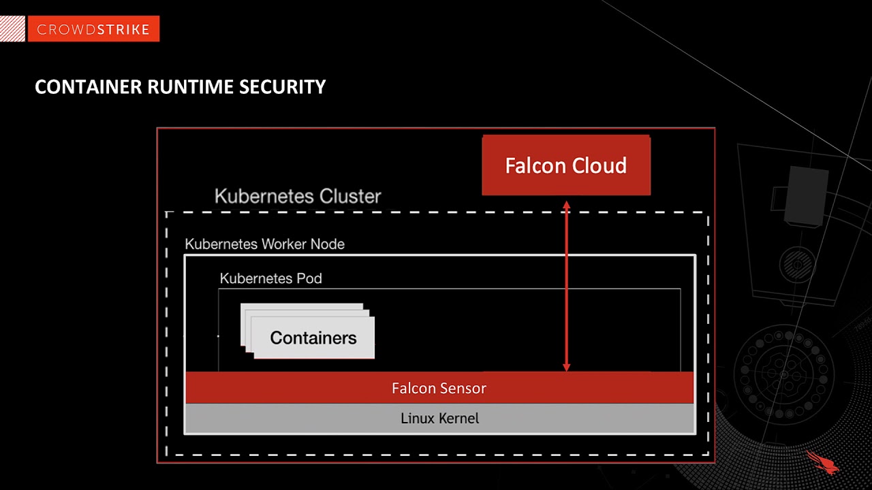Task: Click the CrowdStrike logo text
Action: (x=93, y=29)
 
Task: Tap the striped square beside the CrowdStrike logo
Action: (x=13, y=29)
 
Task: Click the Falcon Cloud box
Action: (x=566, y=165)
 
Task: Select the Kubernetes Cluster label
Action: (x=298, y=197)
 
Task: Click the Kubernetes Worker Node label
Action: (x=264, y=244)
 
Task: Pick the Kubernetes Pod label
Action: (x=270, y=278)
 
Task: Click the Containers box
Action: (x=313, y=338)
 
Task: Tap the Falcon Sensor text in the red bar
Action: (x=439, y=389)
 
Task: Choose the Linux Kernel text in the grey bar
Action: (x=439, y=418)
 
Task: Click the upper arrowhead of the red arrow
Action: (x=566, y=203)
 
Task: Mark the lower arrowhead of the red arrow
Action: (x=566, y=367)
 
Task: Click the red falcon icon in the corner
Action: (x=822, y=461)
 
